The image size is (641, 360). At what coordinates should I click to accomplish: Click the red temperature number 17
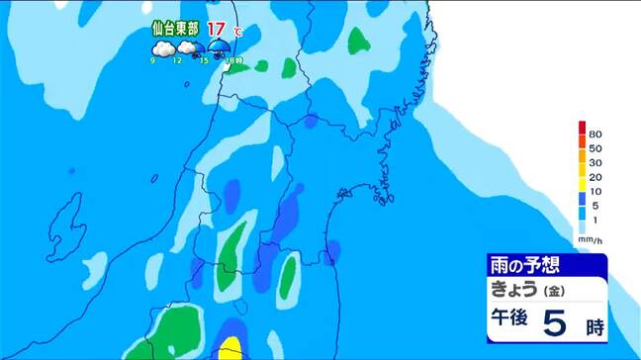click(x=215, y=29)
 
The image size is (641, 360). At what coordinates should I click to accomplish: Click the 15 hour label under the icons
click(x=203, y=62)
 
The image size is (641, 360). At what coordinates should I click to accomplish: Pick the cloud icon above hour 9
click(x=160, y=48)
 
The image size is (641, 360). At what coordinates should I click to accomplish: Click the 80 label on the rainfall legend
click(x=596, y=134)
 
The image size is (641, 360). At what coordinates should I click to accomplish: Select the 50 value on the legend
click(x=596, y=148)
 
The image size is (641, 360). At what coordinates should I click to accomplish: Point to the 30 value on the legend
click(x=596, y=162)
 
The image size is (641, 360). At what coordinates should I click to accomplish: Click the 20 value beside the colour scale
click(x=596, y=177)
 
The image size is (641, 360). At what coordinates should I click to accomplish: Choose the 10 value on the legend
click(x=596, y=191)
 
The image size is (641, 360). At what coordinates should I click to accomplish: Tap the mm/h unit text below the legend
click(x=590, y=239)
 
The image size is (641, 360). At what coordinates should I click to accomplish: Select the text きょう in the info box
click(x=513, y=290)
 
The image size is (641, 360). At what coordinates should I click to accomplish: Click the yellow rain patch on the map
click(x=229, y=348)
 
